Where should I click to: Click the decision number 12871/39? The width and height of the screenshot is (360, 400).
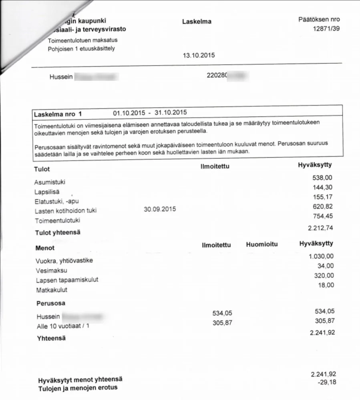click(x=326, y=29)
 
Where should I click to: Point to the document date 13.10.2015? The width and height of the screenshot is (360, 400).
click(x=199, y=56)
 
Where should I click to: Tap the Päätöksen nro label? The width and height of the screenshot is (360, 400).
click(x=319, y=19)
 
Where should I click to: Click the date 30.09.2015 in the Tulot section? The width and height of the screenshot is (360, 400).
click(x=159, y=209)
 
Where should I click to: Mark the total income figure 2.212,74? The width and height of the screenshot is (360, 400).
click(x=321, y=228)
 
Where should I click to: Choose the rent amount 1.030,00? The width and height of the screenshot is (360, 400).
click(x=321, y=256)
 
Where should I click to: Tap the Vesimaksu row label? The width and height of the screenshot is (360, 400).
click(x=52, y=270)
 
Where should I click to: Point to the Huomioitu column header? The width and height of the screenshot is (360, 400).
click(x=261, y=244)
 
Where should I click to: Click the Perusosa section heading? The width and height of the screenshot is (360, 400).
click(x=50, y=303)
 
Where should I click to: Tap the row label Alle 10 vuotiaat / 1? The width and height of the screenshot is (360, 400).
click(x=62, y=326)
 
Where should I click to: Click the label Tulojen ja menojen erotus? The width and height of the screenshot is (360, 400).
click(x=78, y=388)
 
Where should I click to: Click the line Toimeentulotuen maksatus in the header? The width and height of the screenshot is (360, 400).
click(x=82, y=40)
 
